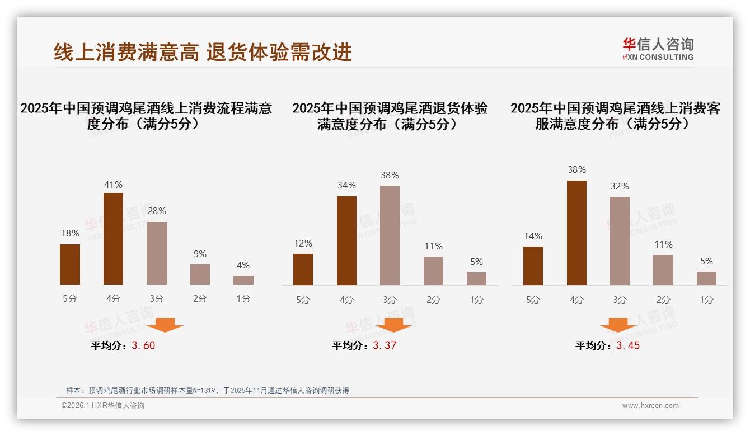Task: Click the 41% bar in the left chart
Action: point(113,239)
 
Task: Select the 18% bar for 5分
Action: point(70,264)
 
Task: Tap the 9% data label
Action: point(200,254)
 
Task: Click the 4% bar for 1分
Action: point(243,280)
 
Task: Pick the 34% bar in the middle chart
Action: point(346,240)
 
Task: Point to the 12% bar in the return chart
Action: point(303,269)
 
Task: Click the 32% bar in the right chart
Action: point(620,241)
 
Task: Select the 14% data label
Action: point(533,236)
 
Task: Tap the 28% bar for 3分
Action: point(157,253)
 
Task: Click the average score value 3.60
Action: point(143,345)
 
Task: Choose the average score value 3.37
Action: point(385,345)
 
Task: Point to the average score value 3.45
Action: point(628,345)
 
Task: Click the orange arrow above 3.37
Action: point(393,325)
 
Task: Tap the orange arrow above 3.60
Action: point(165,325)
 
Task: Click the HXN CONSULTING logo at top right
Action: point(658,49)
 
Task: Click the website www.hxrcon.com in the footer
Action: point(650,406)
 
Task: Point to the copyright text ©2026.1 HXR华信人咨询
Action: point(102,406)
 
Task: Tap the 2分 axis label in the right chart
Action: point(663,300)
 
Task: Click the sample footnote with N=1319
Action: point(207,390)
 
